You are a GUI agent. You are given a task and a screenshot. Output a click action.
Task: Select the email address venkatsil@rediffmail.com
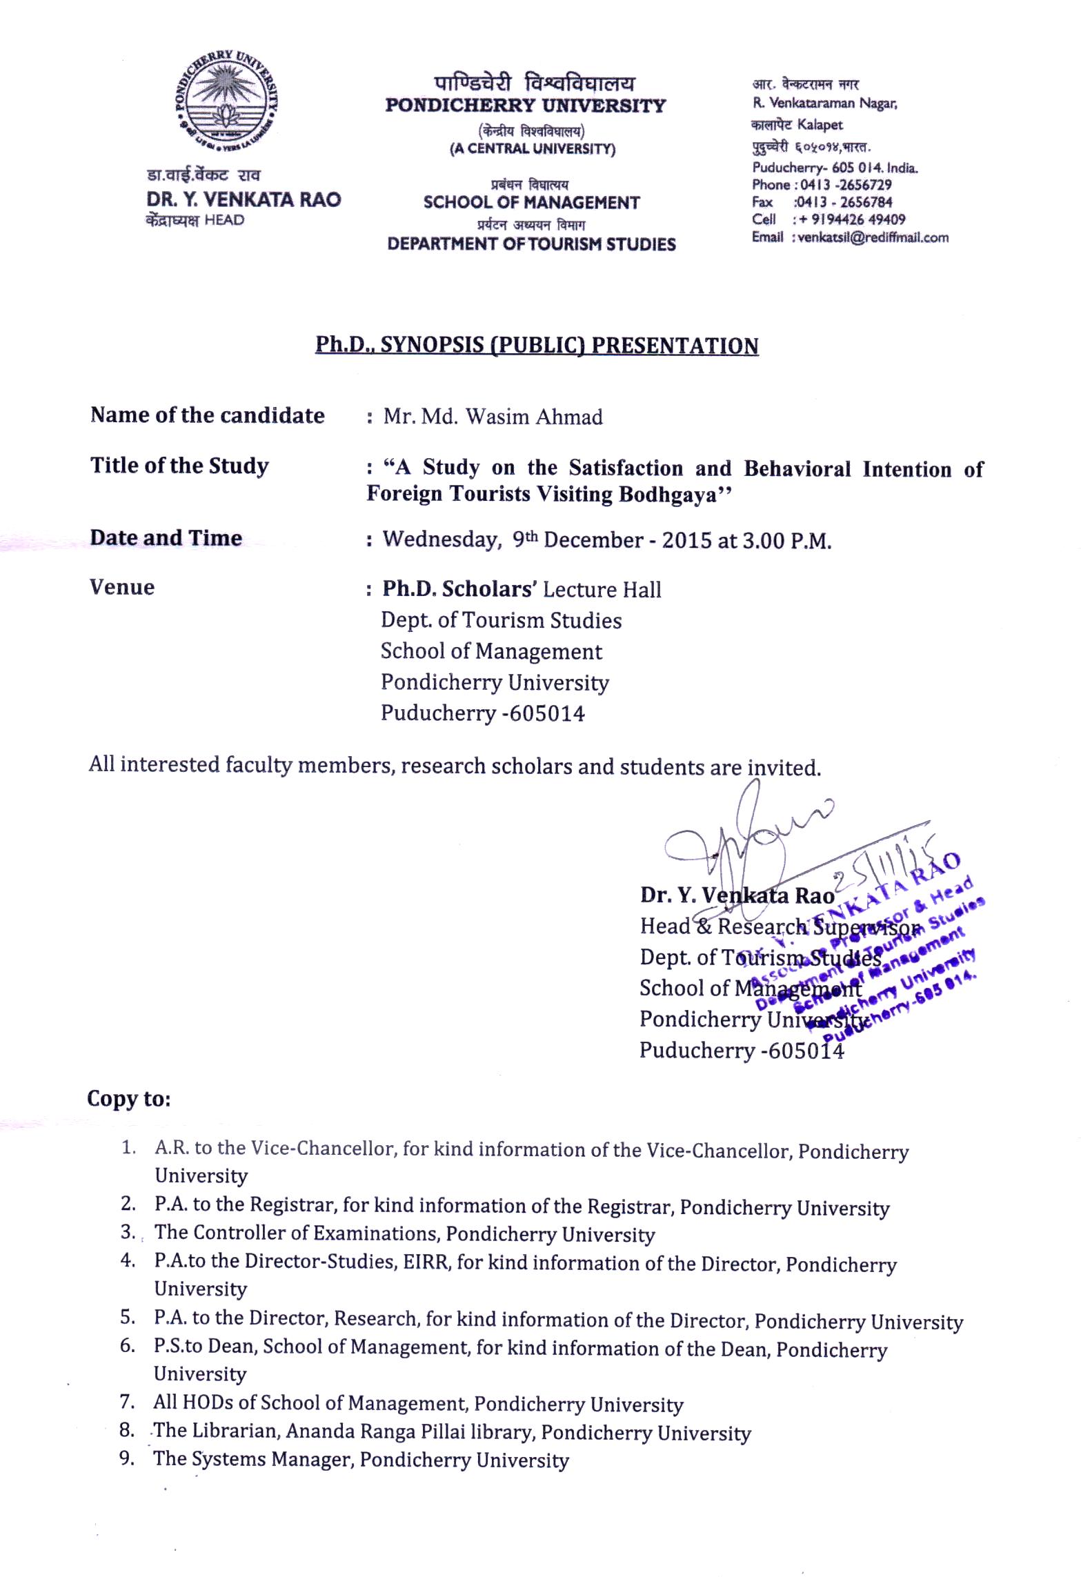[x=873, y=237]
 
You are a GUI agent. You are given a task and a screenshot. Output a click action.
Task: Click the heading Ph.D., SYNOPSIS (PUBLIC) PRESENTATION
[x=537, y=345]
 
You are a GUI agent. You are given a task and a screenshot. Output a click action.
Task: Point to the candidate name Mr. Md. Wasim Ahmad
[x=493, y=417]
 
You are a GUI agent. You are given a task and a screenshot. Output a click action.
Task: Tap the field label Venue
[x=122, y=587]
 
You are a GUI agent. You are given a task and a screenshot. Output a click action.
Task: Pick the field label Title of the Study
[x=179, y=466]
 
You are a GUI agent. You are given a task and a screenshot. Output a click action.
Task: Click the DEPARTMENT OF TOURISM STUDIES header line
[x=531, y=244]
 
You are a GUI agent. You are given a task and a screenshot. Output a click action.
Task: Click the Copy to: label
[x=128, y=1098]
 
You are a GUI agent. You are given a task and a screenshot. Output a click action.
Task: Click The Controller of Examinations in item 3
[x=297, y=1233]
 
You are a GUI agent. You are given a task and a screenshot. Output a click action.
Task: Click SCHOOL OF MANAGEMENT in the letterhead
[x=531, y=203]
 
